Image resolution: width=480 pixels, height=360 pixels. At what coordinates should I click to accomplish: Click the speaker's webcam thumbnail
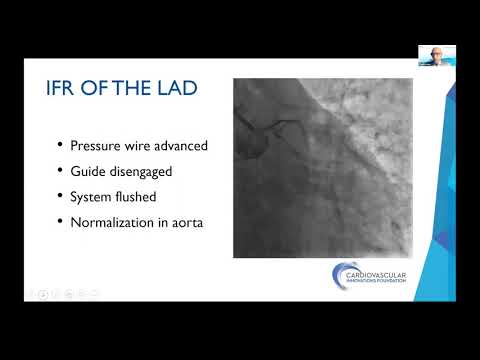tap(436, 56)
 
